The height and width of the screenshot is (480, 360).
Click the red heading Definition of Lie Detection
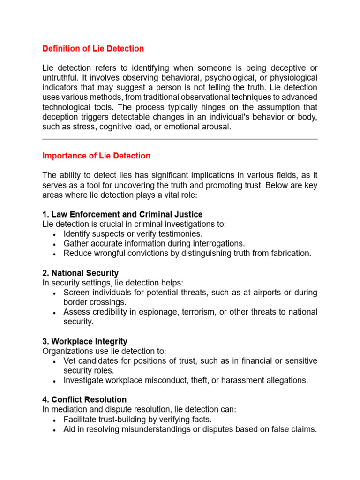[93, 49]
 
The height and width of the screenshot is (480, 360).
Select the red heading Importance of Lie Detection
[97, 156]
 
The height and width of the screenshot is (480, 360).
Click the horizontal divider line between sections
[180, 139]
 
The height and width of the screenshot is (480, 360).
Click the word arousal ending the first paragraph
[216, 127]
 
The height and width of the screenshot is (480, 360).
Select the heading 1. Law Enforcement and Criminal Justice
[122, 214]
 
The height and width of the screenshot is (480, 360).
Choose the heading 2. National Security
[80, 273]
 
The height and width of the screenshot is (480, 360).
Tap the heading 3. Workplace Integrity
[85, 341]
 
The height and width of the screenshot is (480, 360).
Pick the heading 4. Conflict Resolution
[84, 399]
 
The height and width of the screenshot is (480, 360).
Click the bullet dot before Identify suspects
[55, 234]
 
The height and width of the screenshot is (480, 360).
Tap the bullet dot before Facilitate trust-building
[55, 420]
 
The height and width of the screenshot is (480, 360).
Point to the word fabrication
[291, 253]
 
